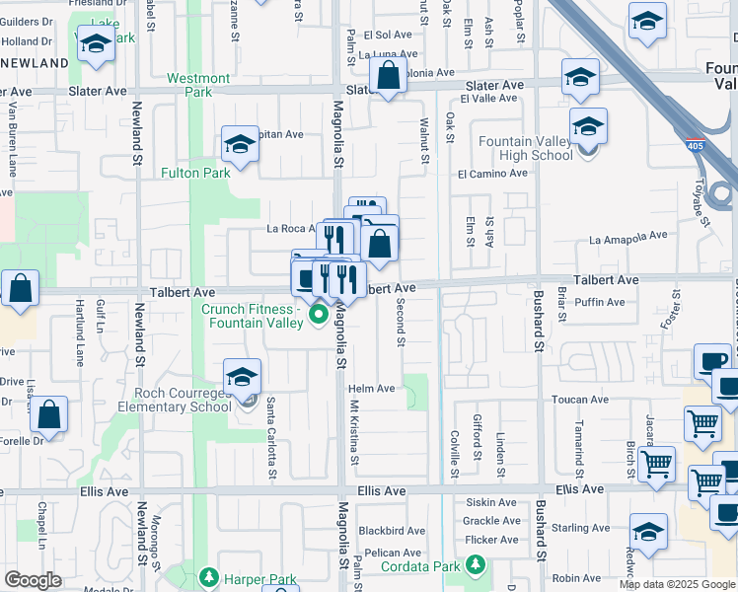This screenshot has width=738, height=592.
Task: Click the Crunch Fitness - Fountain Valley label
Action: click(x=252, y=316)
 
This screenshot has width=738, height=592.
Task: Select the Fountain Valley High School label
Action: click(x=525, y=148)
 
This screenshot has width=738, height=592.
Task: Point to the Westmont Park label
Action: click(x=198, y=85)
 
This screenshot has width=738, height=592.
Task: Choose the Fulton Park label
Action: click(x=195, y=173)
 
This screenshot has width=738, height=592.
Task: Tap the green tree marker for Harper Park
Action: click(x=208, y=576)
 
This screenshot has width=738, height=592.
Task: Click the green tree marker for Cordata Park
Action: click(x=476, y=565)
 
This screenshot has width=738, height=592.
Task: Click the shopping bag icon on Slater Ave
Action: click(x=389, y=75)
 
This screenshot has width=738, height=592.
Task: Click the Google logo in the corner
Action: click(x=33, y=580)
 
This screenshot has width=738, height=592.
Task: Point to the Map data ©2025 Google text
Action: click(x=676, y=584)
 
